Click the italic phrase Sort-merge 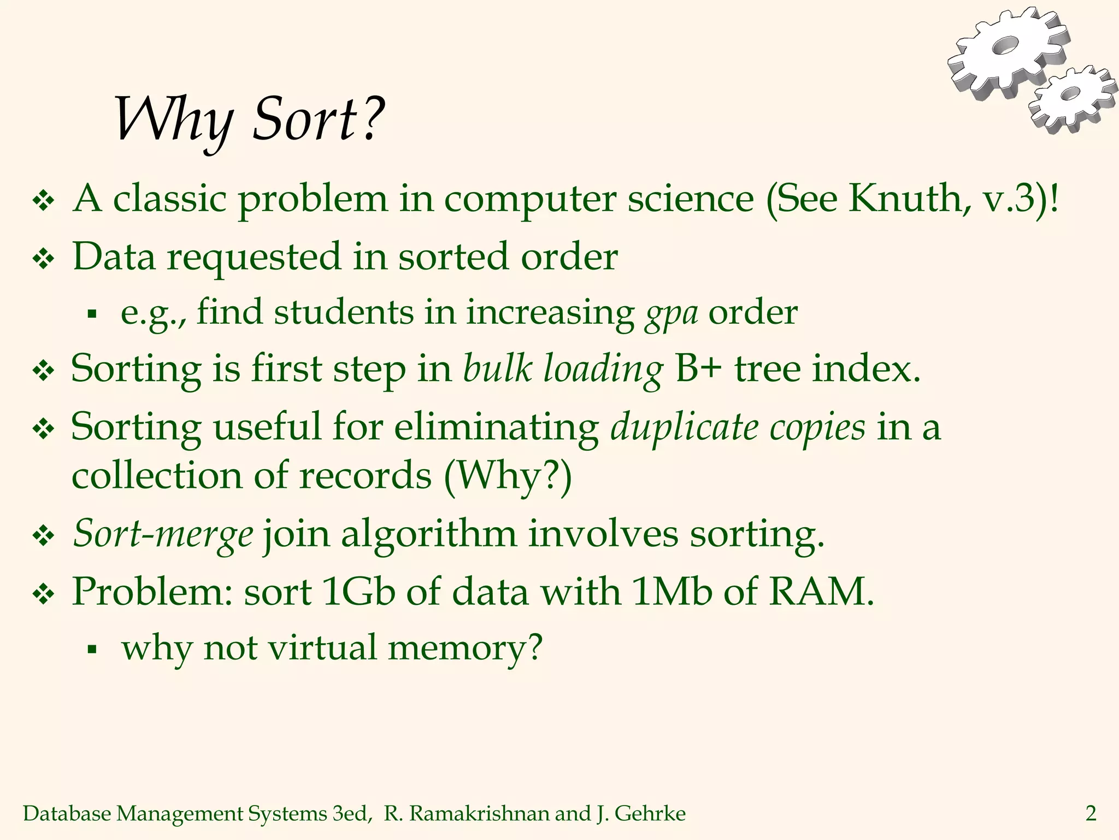[x=163, y=534]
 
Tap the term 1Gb [x=358, y=592]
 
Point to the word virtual [x=322, y=649]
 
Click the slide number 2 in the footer [x=1091, y=814]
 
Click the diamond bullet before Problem [x=43, y=593]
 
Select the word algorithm [x=428, y=534]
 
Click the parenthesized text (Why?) [x=508, y=476]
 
